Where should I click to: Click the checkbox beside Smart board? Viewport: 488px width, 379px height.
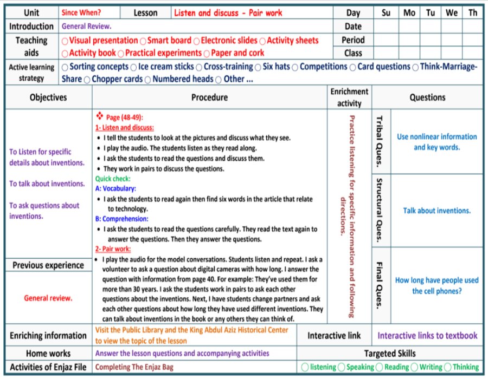pos(143,41)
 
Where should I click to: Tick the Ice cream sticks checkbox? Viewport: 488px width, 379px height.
pos(133,67)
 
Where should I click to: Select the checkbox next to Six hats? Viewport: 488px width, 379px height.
pos(258,67)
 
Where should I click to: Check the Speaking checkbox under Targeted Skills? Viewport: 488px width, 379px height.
pos(342,367)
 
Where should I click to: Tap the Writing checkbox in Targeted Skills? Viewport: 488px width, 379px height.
pos(415,367)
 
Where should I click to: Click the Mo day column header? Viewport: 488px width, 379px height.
pos(409,12)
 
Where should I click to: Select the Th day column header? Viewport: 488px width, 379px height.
pos(473,12)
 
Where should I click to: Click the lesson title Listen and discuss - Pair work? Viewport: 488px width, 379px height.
pos(228,12)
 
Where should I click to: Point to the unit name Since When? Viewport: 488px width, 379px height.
pos(81,12)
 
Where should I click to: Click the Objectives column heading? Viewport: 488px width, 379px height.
pos(48,97)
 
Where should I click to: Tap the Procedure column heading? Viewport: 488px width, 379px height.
pos(209,97)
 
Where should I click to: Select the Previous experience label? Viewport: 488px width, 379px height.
pos(48,265)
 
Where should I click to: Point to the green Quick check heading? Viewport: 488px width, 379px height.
pos(113,178)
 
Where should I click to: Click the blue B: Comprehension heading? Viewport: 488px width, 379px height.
pos(122,219)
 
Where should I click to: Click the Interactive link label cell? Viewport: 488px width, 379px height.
pos(334,336)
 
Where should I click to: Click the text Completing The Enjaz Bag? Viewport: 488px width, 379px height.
pos(134,367)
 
